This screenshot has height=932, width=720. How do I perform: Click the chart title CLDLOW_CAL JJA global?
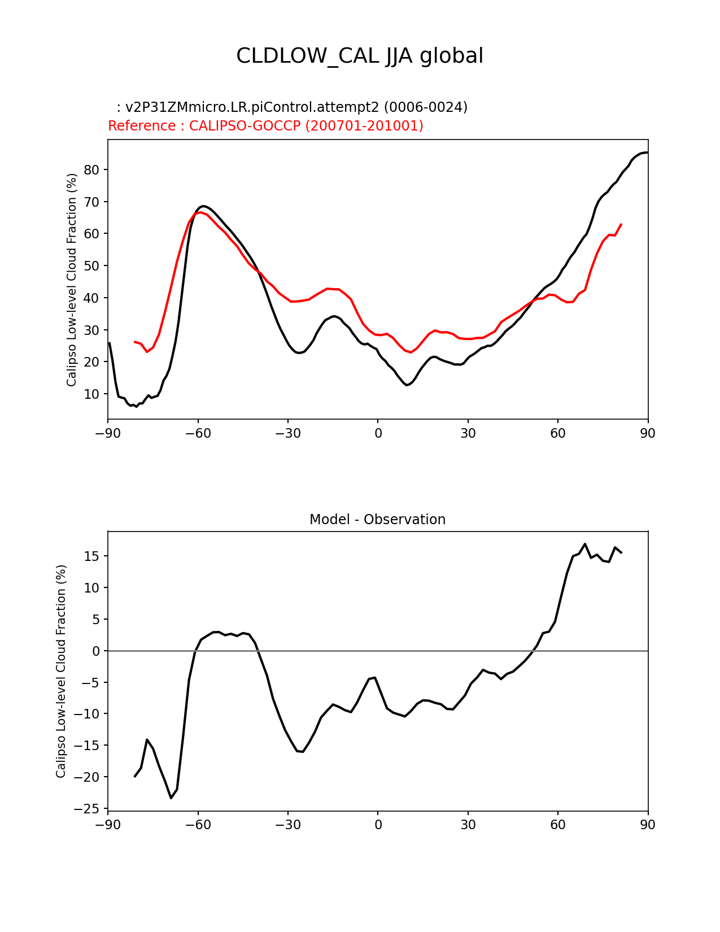(360, 56)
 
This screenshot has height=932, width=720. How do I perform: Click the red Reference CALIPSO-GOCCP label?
(265, 126)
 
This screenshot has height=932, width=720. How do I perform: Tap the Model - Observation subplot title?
(377, 520)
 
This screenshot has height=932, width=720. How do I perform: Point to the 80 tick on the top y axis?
(91, 170)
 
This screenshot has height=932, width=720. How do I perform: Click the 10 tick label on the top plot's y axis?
(91, 394)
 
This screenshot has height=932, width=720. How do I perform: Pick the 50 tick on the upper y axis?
(91, 266)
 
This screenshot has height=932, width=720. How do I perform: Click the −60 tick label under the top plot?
(198, 433)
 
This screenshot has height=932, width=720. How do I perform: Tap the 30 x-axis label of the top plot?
(468, 433)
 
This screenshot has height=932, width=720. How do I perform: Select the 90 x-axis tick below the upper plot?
(648, 433)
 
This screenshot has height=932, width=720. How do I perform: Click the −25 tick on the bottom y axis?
(88, 809)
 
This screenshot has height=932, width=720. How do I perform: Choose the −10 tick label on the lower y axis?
(88, 714)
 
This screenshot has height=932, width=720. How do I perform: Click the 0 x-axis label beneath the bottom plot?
(378, 825)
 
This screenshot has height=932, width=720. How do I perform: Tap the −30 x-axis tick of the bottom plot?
(287, 825)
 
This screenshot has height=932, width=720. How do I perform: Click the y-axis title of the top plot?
(72, 280)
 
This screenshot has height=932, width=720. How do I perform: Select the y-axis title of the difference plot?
(61, 671)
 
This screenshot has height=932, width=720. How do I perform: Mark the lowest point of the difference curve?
(171, 798)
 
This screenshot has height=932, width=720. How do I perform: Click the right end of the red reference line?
(621, 224)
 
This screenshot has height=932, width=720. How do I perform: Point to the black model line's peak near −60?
(203, 206)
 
